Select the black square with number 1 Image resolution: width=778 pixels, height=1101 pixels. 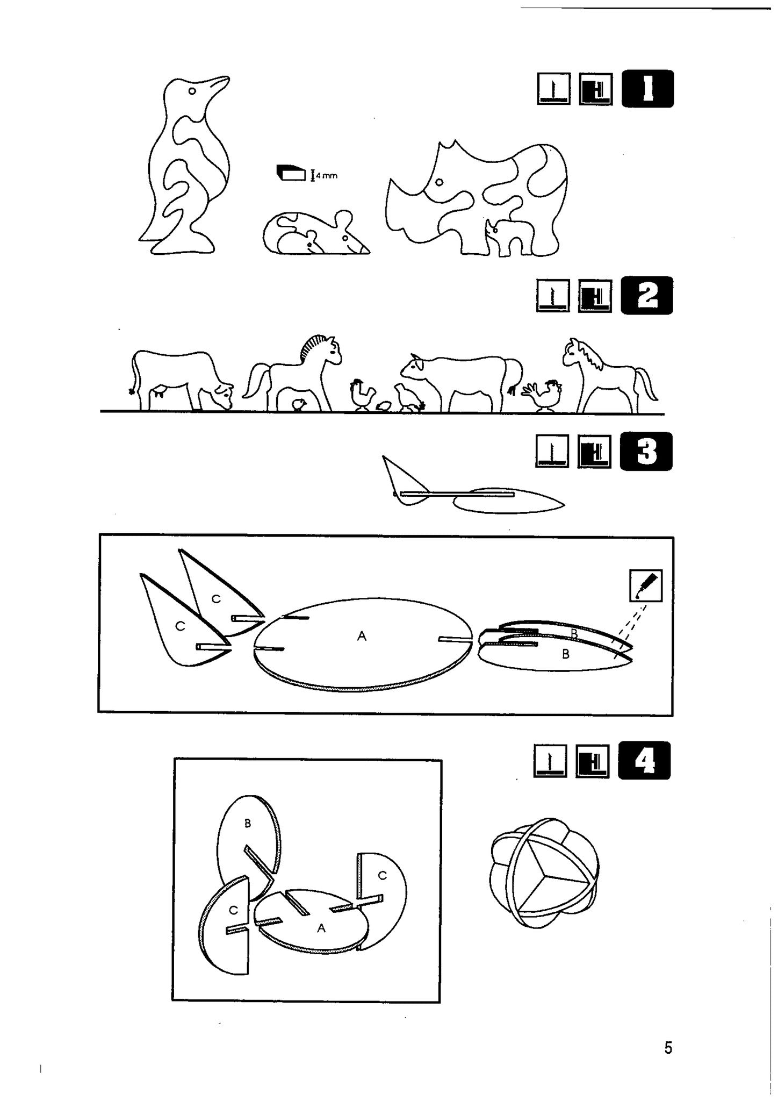click(x=647, y=89)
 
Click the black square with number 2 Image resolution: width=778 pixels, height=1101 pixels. click(x=647, y=295)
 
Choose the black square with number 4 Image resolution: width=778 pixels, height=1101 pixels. click(x=644, y=760)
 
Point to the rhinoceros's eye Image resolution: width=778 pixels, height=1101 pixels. click(x=440, y=182)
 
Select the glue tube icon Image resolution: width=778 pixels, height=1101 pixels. click(x=646, y=586)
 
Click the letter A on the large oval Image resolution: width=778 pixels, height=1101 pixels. click(x=362, y=636)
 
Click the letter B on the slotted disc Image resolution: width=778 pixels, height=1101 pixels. click(x=248, y=823)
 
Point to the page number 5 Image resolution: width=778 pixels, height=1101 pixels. click(x=668, y=1048)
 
